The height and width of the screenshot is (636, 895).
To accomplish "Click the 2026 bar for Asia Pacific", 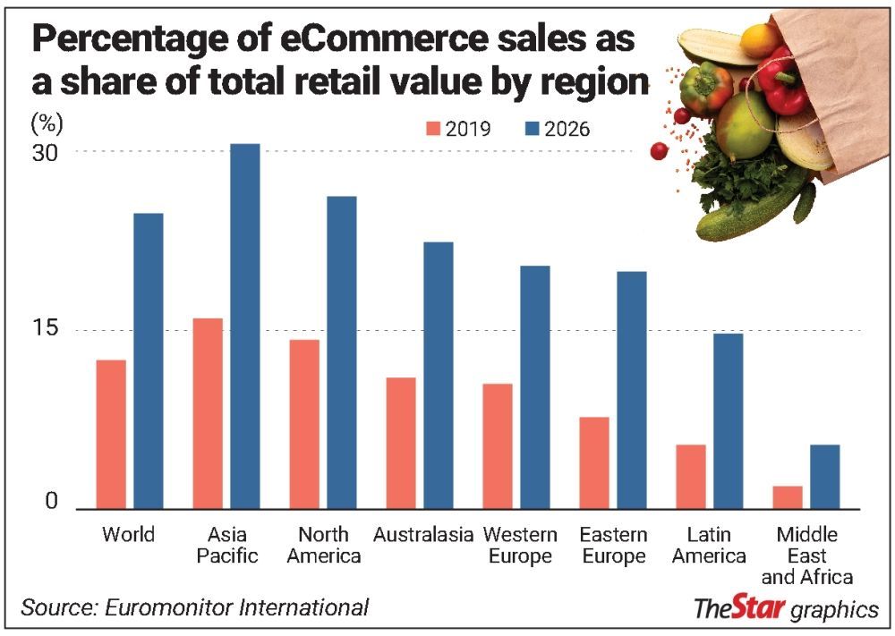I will click(245, 326).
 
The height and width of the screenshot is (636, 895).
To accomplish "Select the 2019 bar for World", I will click(111, 434).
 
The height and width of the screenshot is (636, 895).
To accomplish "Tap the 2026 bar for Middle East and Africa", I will click(825, 476).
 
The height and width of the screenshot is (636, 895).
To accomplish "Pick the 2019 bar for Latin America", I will click(691, 476).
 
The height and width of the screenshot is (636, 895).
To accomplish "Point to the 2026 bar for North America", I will click(342, 352).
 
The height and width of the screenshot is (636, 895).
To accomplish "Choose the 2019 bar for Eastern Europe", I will click(594, 462).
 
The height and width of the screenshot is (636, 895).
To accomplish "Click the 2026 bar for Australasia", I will click(439, 375).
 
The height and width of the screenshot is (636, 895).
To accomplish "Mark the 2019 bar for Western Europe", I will click(498, 445).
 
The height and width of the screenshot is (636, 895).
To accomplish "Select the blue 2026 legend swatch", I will click(534, 129).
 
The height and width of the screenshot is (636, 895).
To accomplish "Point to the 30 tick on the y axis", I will click(46, 152).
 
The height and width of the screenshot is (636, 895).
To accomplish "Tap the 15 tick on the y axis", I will click(46, 329).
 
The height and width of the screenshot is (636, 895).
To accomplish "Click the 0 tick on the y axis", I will click(51, 502).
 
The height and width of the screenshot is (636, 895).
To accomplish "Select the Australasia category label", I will click(423, 535).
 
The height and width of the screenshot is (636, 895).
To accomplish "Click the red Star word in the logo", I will click(759, 608).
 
